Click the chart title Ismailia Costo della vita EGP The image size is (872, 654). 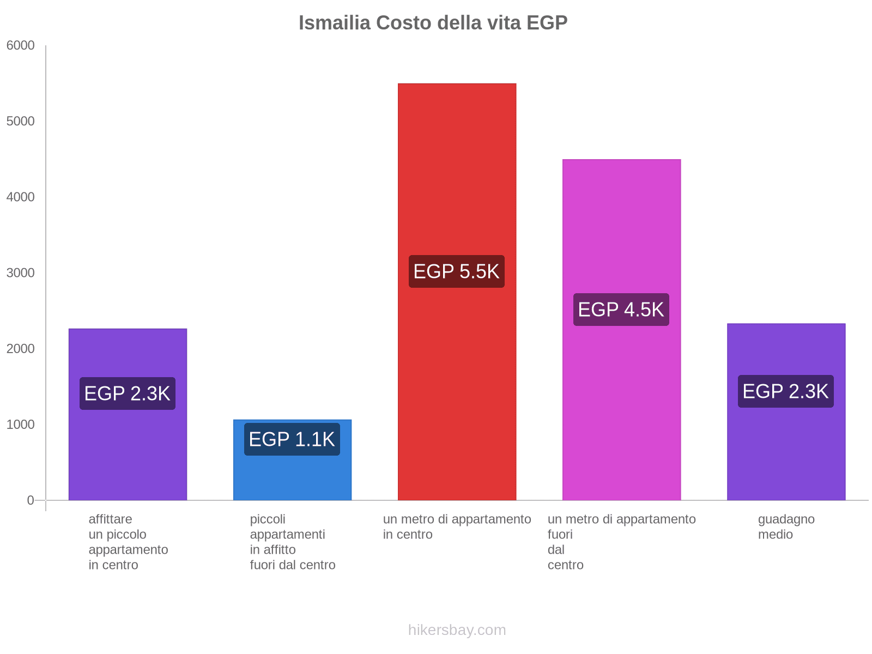pos(433,23)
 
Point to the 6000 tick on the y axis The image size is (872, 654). pos(21,46)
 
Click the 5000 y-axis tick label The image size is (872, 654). pos(21,122)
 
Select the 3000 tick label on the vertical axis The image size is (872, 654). pos(21,273)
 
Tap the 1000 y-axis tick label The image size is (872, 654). pos(21,425)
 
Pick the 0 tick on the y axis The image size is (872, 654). pos(31,500)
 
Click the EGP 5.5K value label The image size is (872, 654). pos(457,271)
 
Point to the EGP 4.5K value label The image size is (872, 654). pos(621,310)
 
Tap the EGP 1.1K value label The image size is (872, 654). pos(292,439)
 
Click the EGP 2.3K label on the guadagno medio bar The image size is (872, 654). pos(786,391)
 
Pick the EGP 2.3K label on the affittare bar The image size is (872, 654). pos(128,393)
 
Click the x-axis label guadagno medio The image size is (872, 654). pos(786,527)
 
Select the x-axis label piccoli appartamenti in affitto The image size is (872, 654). pos(293,542)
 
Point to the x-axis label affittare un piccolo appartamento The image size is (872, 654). pos(128,542)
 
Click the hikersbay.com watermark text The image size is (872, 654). pos(457,630)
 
